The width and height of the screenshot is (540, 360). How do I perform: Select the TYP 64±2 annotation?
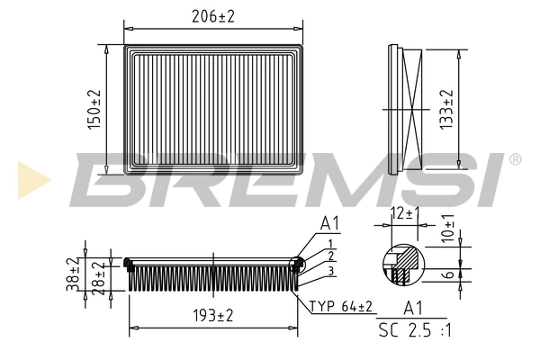point(342,307)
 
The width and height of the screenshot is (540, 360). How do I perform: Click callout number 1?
point(331,244)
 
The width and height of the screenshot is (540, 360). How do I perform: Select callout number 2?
point(331,257)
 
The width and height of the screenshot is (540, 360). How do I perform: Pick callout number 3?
point(331,271)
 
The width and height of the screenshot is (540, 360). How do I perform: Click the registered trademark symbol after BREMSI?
point(515,159)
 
